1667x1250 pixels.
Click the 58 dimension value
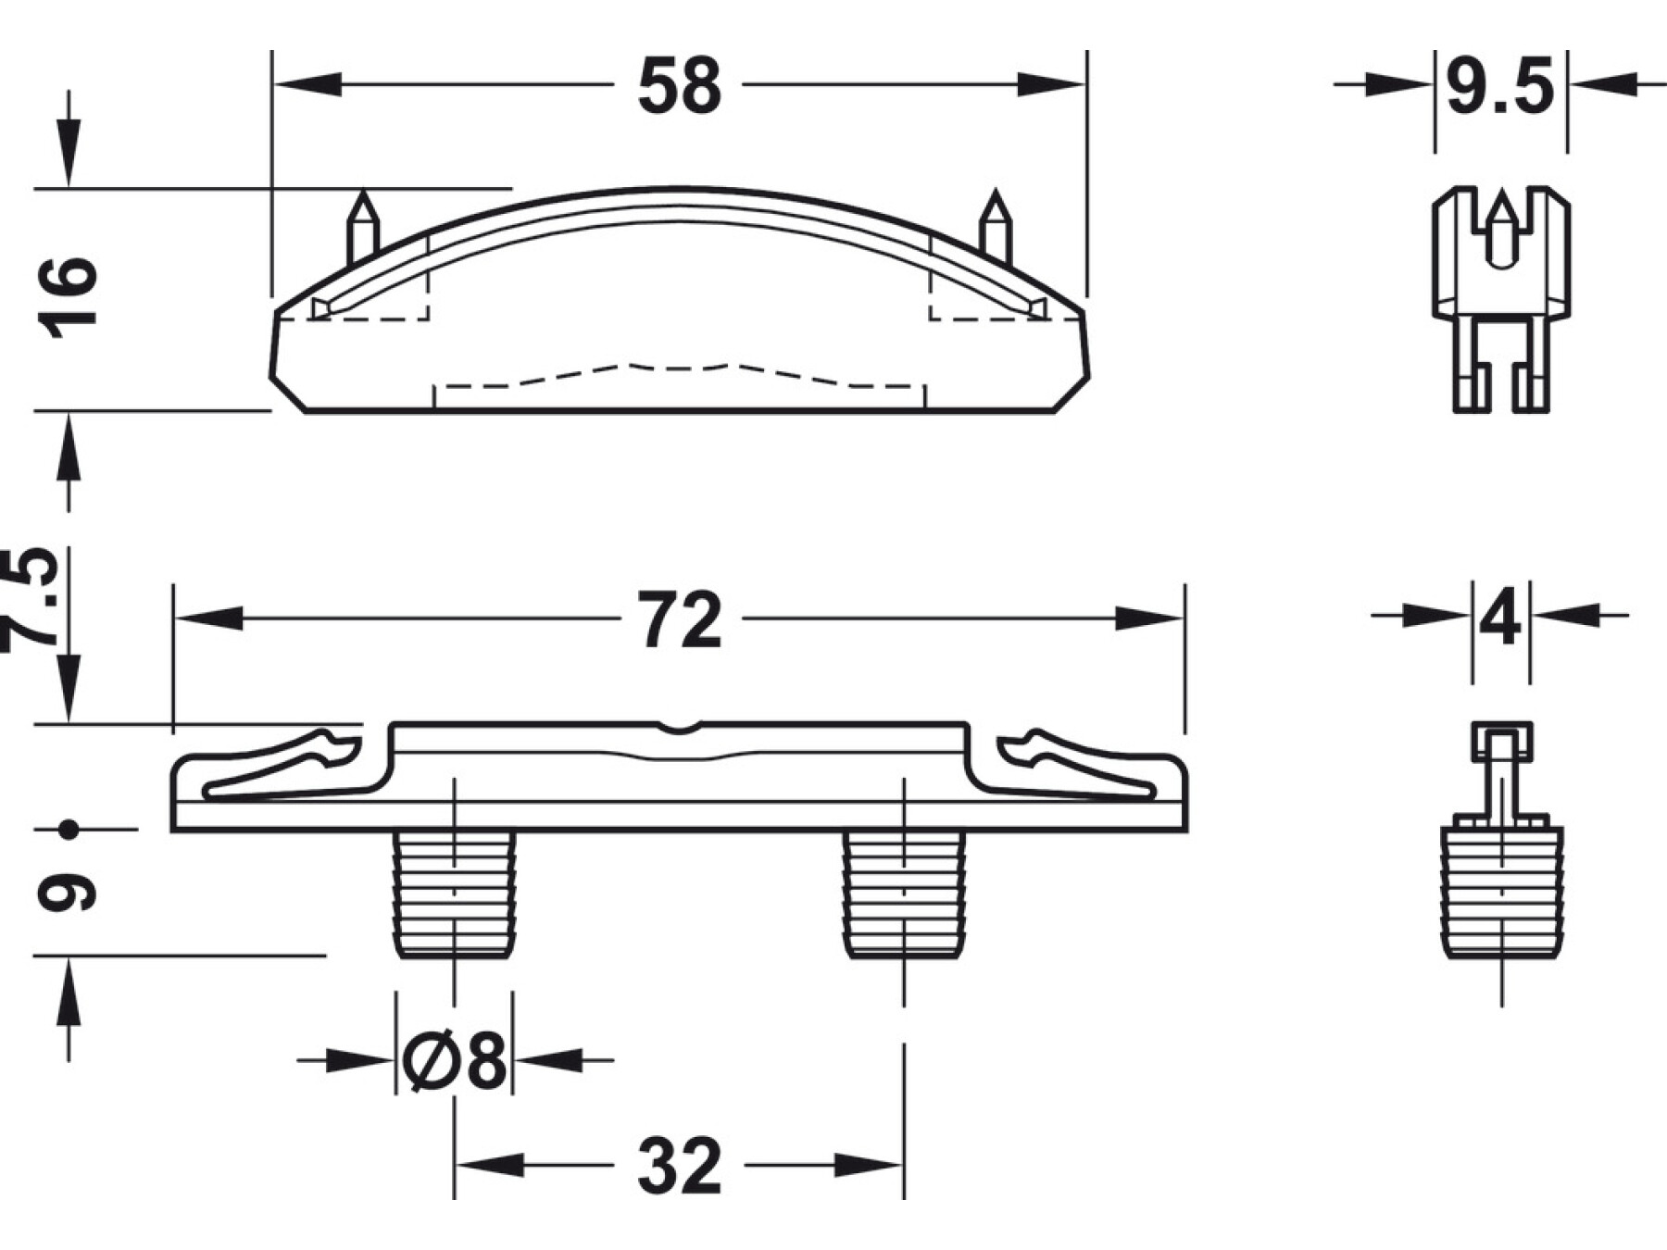679,85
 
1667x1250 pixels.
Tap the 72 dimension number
679,620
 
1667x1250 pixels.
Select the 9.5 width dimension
1500,85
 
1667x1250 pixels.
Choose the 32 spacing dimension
679,1166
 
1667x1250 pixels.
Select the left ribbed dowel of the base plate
454,894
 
